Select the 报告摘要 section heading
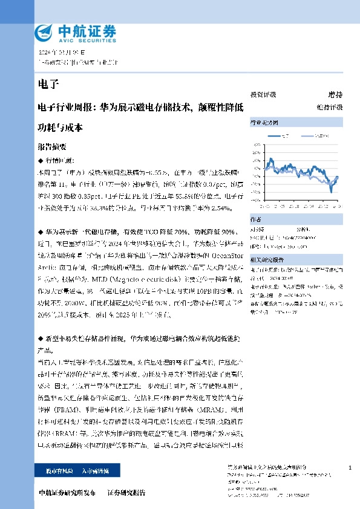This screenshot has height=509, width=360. pyautogui.click(x=51, y=147)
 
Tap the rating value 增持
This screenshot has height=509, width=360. pyautogui.click(x=335, y=94)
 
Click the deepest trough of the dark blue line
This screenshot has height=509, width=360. pyautogui.click(x=331, y=192)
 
